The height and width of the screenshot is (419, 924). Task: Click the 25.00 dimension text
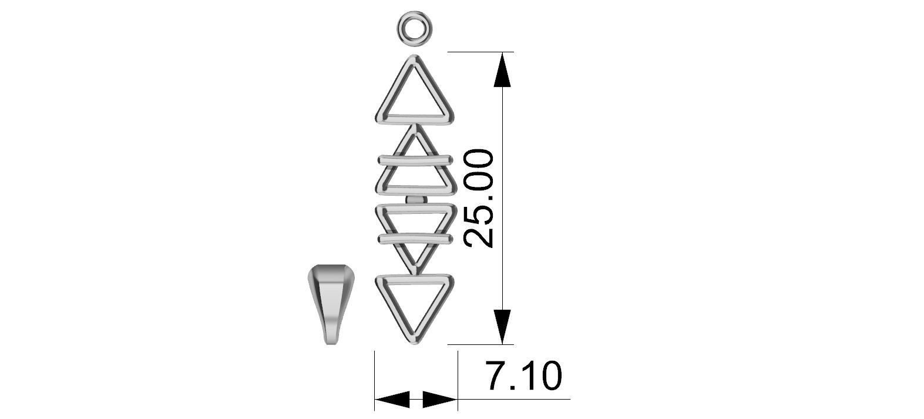pos(478,198)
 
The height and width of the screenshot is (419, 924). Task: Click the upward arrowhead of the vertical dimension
pos(502,69)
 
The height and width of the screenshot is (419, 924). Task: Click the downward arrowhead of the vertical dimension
pos(502,327)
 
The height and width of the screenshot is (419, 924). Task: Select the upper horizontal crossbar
pos(415,159)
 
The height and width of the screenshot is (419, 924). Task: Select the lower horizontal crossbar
pos(415,237)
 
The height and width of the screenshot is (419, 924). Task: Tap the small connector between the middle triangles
pos(416,200)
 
